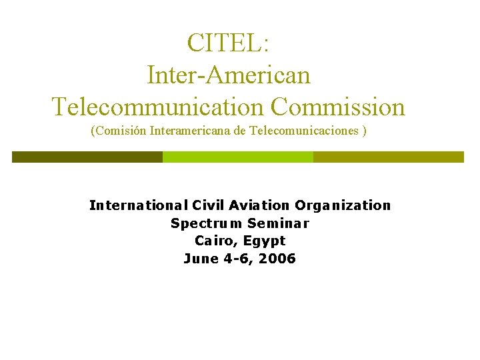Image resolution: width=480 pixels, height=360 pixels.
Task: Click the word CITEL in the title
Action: pos(226,43)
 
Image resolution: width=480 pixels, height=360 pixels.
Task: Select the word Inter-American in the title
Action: pos(229,74)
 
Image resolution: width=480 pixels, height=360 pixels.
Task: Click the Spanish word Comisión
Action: pos(119,131)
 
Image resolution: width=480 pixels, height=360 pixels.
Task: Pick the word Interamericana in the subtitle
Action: pos(191,131)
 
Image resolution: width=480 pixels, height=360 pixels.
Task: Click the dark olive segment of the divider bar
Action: pos(87,157)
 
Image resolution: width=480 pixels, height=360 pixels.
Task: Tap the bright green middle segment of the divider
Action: pos(238,157)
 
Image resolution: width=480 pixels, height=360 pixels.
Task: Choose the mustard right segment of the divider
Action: pos(388,157)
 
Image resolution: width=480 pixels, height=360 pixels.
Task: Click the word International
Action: pos(138,205)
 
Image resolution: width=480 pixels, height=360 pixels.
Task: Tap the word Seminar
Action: pos(279,223)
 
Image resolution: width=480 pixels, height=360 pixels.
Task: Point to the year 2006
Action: pos(279,259)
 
